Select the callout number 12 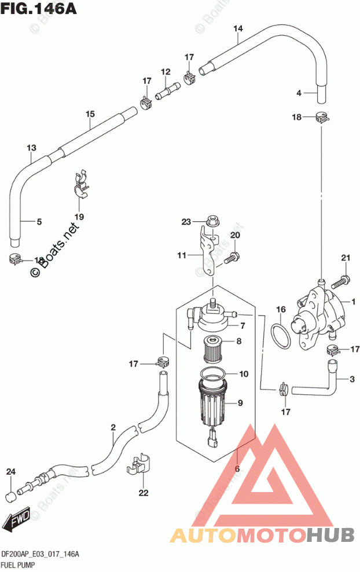[166, 72]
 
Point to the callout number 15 [90, 114]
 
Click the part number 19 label [79, 217]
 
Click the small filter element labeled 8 [215, 350]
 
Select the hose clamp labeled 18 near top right [321, 118]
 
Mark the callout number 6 [237, 469]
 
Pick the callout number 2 [113, 428]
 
